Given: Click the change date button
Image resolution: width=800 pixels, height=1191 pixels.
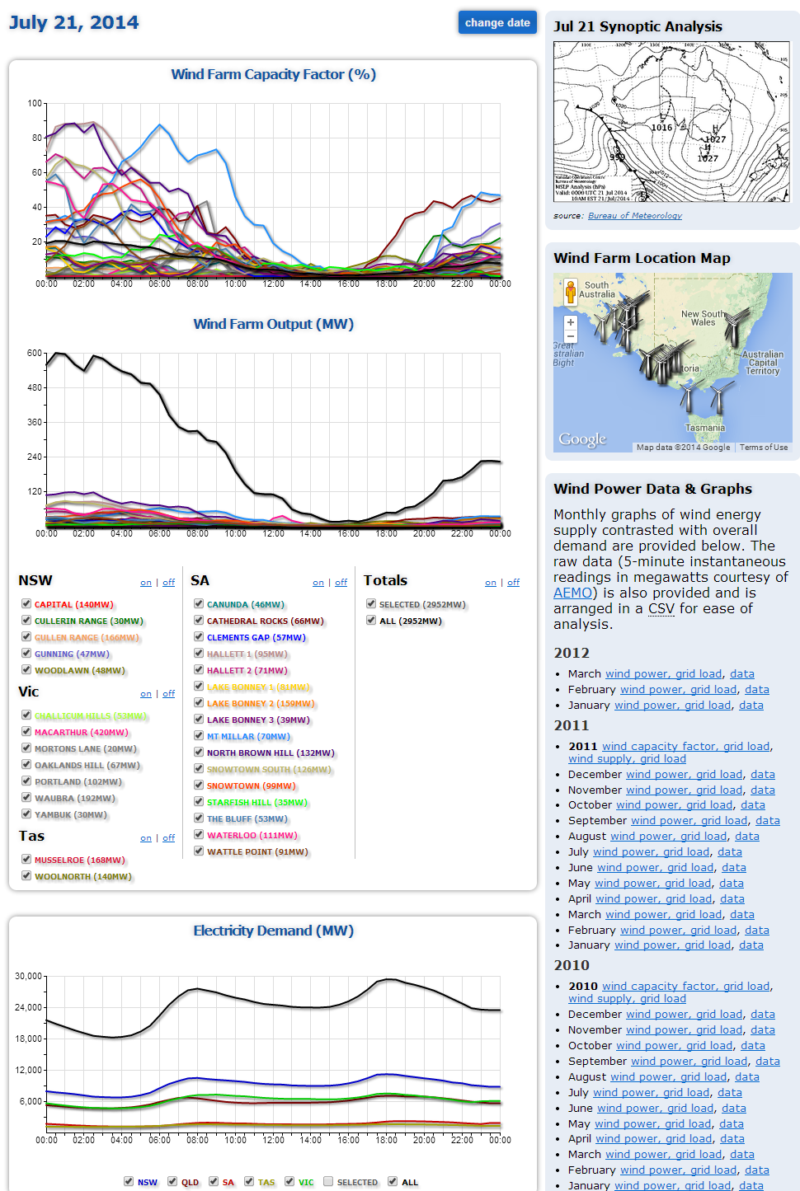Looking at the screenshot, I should [497, 23].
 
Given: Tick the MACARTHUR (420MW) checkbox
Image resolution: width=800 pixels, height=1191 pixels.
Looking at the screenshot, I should [26, 732].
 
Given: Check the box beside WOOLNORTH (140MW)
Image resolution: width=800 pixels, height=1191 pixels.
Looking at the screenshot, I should [26, 876].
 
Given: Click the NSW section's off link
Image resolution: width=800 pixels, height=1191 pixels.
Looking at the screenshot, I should [168, 583].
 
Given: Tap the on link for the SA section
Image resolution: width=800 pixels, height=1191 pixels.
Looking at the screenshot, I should [318, 583].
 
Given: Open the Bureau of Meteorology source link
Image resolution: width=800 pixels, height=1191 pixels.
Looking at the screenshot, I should [634, 216].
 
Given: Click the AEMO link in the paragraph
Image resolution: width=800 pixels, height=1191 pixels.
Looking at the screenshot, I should [572, 593].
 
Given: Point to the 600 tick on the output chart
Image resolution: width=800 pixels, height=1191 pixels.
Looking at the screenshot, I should [35, 353].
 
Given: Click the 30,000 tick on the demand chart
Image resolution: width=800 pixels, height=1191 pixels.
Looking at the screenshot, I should [29, 976].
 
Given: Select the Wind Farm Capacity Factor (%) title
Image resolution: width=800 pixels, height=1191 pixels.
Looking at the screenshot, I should [273, 74].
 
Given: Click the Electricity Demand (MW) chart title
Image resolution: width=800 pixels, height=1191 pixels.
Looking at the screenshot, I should [273, 931].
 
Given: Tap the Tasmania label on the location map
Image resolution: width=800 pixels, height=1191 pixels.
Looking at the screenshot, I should [704, 428].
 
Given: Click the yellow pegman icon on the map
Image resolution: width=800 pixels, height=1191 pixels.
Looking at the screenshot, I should [570, 292].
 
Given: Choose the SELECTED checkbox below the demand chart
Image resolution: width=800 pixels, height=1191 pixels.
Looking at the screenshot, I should [328, 1181].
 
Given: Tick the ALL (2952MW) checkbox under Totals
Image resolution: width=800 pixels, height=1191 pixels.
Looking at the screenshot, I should [371, 621].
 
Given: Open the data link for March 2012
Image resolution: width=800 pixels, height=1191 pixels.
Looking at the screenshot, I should [741, 674].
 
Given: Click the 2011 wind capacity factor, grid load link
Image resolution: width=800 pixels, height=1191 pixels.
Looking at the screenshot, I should [686, 747].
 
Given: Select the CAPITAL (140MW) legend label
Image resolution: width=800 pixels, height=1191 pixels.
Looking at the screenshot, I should [74, 605].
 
